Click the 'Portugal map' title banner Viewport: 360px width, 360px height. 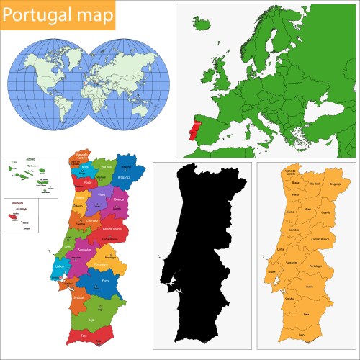pyautogui.click(x=58, y=15)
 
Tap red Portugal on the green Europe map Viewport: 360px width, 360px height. pyautogui.click(x=189, y=135)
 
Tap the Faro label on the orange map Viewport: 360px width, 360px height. pyautogui.click(x=301, y=335)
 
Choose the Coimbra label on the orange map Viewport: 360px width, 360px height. pyautogui.click(x=294, y=230)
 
